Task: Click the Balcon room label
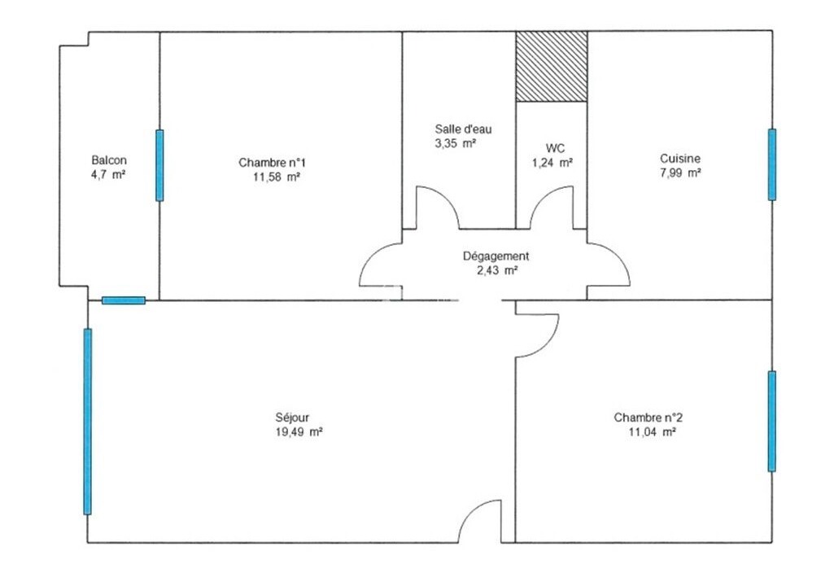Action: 109,160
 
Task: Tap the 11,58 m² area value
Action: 277,177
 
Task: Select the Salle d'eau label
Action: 463,129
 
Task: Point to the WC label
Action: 555,148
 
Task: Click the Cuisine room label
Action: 680,158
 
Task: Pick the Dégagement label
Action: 496,256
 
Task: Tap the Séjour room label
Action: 292,418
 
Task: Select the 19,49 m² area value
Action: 299,431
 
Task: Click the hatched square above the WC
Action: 552,66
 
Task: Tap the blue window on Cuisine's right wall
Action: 772,164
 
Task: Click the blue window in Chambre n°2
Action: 772,421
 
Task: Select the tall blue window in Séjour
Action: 88,422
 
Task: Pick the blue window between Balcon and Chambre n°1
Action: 159,165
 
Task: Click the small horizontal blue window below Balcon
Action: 124,300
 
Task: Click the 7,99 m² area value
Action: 680,173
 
